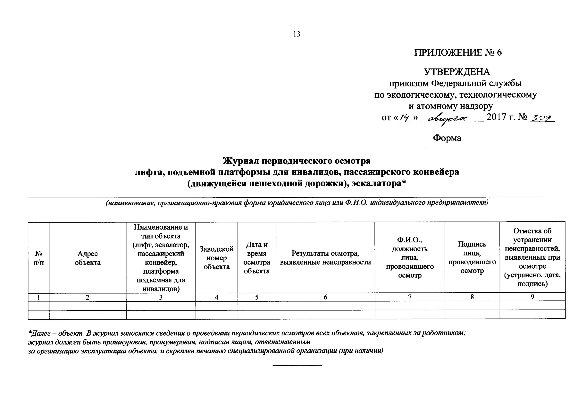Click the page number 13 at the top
(x=297, y=34)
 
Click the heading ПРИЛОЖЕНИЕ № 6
(x=458, y=53)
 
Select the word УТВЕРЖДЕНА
(x=457, y=72)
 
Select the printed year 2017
(x=496, y=117)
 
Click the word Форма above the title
(x=447, y=138)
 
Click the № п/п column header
(x=38, y=258)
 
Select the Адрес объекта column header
(x=88, y=258)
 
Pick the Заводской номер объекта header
(x=217, y=258)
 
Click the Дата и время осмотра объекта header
(x=257, y=258)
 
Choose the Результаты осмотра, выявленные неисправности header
(x=325, y=258)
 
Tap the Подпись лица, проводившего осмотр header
(x=472, y=257)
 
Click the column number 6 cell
(x=325, y=297)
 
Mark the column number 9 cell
(x=532, y=297)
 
